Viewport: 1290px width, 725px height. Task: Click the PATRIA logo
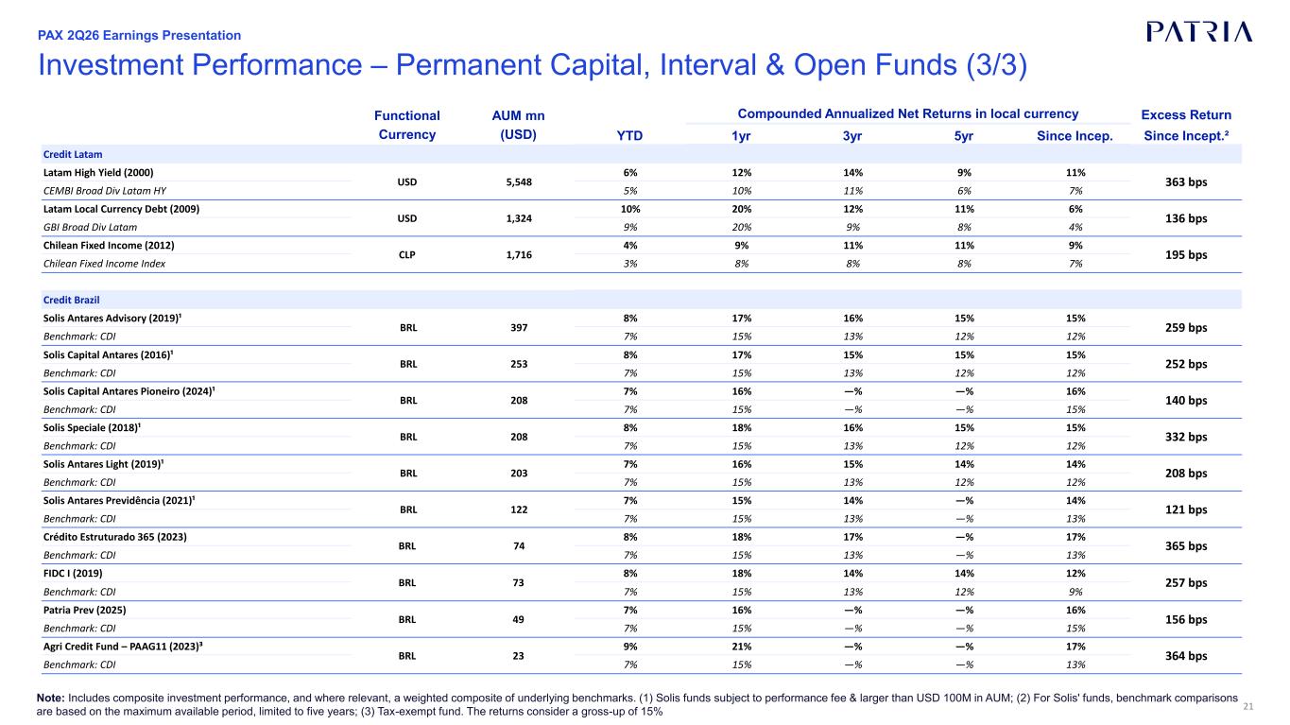click(1199, 32)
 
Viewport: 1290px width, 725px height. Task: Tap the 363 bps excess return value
click(1186, 182)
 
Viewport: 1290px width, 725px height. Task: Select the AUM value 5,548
click(519, 182)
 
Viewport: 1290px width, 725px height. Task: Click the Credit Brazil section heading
click(72, 300)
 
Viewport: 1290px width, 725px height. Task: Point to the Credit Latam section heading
click(73, 154)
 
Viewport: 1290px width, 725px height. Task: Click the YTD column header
click(629, 135)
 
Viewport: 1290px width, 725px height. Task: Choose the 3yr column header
click(852, 135)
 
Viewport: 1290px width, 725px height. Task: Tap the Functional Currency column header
click(407, 125)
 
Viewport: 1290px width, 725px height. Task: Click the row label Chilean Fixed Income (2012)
click(109, 246)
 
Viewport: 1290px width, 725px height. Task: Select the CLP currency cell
click(407, 254)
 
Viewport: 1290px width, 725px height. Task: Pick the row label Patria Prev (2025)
click(85, 610)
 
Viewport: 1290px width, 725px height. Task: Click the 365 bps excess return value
click(1186, 546)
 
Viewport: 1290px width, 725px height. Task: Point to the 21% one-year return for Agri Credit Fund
click(742, 647)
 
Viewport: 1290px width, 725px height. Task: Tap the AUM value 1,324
click(519, 218)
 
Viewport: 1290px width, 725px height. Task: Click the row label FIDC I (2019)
click(73, 574)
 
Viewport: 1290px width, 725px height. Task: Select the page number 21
click(1248, 707)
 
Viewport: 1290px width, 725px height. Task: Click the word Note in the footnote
click(51, 698)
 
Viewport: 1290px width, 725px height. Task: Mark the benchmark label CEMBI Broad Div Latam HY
click(104, 191)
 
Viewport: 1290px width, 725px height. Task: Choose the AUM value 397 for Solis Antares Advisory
click(519, 328)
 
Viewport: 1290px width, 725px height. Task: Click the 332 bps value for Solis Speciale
click(1186, 437)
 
